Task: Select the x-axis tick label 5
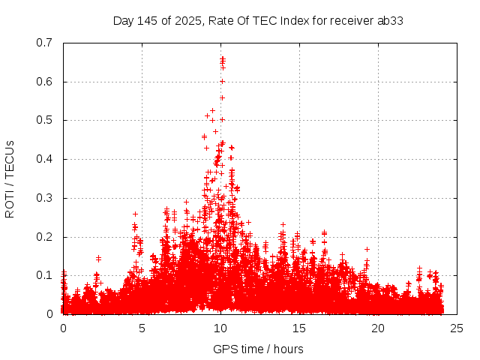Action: [142, 328]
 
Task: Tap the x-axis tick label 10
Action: [220, 328]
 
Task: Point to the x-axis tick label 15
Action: [299, 328]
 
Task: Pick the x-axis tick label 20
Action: [378, 328]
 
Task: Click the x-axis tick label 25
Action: [457, 328]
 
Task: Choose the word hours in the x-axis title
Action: [288, 349]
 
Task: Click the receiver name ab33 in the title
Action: [390, 20]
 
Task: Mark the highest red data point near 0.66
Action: [223, 58]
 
